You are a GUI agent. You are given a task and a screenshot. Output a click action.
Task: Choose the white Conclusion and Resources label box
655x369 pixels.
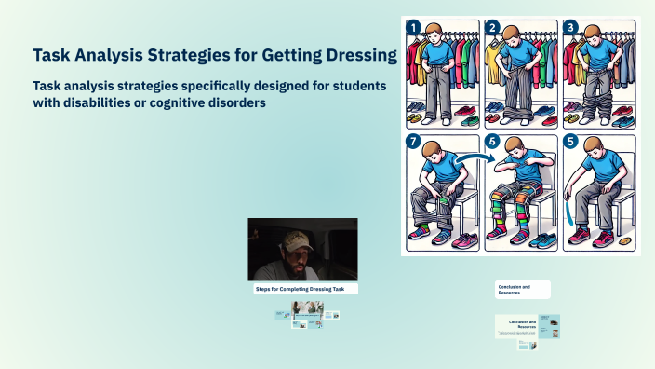[522, 289]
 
